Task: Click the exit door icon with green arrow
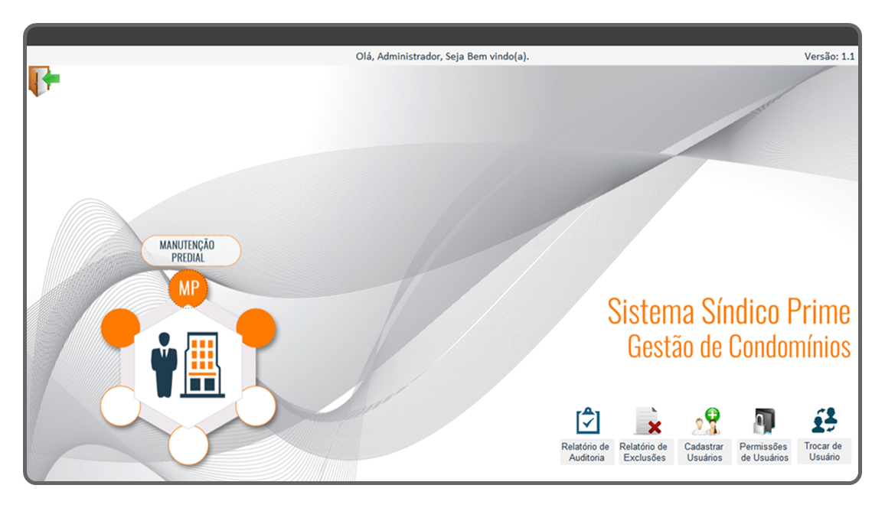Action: click(x=44, y=80)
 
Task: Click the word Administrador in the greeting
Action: click(x=410, y=57)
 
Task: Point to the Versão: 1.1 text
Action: click(x=829, y=57)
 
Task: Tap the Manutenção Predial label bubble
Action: click(x=191, y=251)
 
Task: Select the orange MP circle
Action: click(x=188, y=288)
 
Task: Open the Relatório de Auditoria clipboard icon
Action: click(x=587, y=421)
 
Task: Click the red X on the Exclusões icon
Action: click(x=654, y=427)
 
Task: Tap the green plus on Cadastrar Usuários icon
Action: click(x=712, y=415)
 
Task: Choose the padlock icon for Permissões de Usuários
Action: click(x=764, y=422)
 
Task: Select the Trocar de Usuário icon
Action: click(x=825, y=420)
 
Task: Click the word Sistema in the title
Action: click(x=651, y=312)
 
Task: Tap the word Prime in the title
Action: click(x=818, y=312)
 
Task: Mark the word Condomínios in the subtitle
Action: click(x=789, y=346)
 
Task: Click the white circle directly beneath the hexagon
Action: click(x=188, y=444)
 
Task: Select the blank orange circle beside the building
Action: click(x=256, y=328)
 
